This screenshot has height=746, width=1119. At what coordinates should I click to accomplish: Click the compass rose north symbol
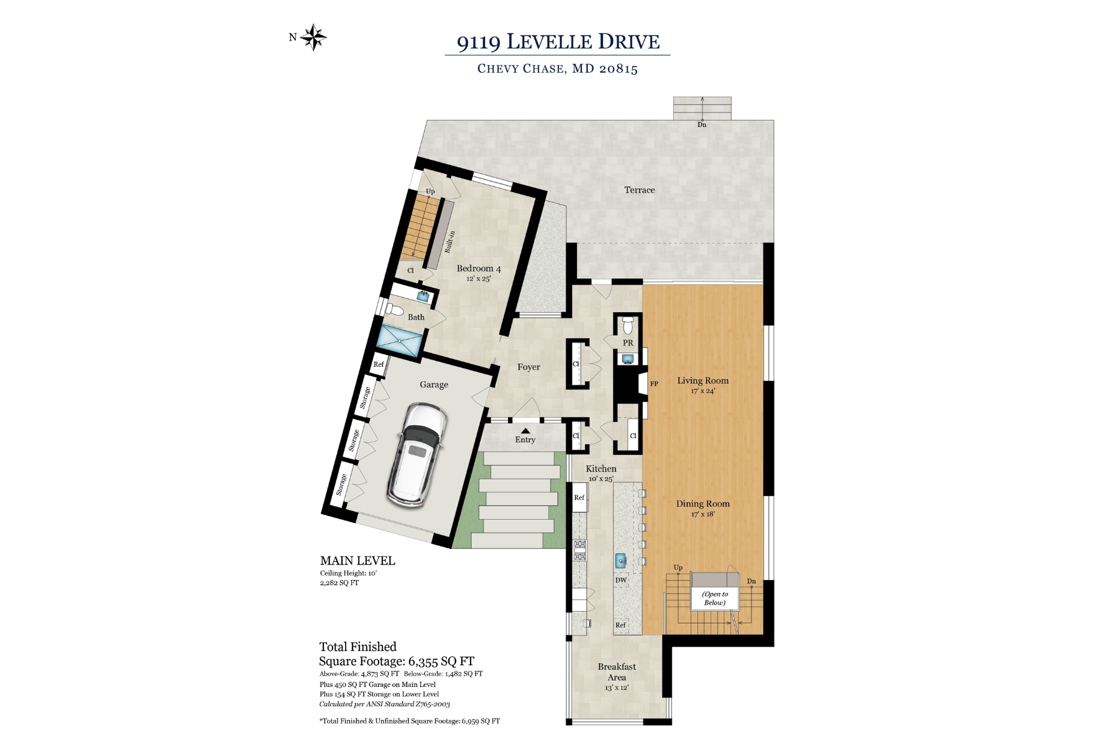(x=313, y=37)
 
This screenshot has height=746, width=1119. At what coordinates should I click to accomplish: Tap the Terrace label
(x=639, y=190)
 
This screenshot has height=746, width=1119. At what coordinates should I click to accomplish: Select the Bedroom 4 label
(x=478, y=269)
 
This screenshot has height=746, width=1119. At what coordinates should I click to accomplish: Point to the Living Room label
(x=702, y=380)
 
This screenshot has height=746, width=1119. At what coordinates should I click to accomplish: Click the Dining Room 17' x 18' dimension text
(x=702, y=514)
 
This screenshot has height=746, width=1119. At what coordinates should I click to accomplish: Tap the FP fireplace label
(x=654, y=384)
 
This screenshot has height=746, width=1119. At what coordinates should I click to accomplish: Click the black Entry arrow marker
(x=525, y=430)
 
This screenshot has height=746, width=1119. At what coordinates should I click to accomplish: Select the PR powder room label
(x=628, y=343)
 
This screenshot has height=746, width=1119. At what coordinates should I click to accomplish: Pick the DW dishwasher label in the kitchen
(x=620, y=580)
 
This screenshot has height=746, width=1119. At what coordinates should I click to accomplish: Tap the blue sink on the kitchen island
(x=620, y=561)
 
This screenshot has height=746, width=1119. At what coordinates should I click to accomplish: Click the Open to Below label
(x=714, y=598)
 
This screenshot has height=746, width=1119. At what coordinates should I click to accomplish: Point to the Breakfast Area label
(x=617, y=671)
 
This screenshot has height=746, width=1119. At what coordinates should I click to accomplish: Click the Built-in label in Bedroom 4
(x=449, y=242)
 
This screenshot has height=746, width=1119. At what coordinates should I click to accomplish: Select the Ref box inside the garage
(x=379, y=364)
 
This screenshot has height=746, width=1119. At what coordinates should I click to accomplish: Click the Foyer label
(x=528, y=367)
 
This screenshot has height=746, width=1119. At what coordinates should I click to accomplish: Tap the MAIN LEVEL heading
(x=357, y=561)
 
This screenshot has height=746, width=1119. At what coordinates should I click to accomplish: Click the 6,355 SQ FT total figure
(x=441, y=661)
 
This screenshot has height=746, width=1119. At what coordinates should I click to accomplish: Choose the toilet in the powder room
(x=628, y=324)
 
